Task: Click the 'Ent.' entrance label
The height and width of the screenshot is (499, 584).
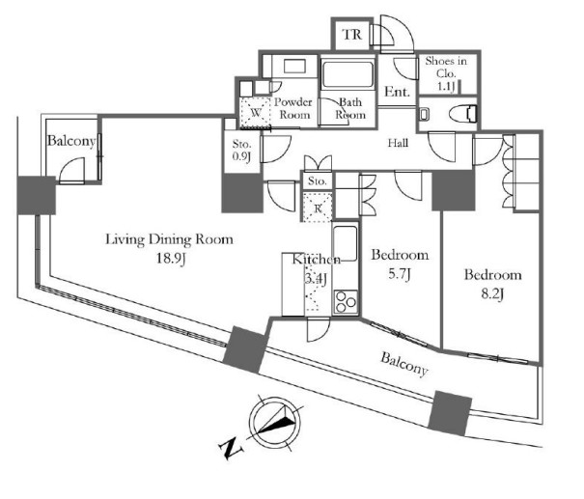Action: (399, 93)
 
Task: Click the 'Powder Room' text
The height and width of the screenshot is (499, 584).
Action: (292, 108)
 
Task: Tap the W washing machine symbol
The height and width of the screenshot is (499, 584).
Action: (254, 110)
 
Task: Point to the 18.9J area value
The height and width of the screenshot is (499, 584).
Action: (170, 260)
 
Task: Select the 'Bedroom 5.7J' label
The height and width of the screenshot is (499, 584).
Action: (399, 265)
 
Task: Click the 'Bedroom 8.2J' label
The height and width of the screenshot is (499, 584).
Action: (492, 285)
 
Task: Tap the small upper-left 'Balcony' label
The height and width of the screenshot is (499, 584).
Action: (71, 142)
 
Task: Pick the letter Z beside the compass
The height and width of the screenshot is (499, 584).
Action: (229, 447)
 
